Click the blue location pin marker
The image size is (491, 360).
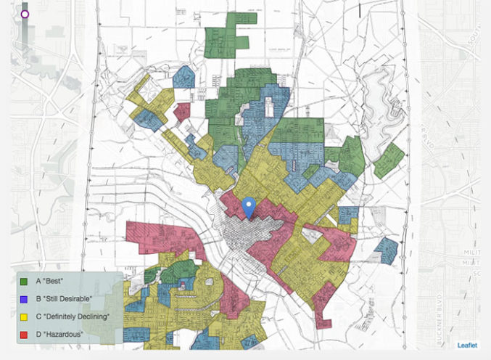[x=249, y=206]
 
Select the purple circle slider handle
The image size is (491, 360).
[x=25, y=13]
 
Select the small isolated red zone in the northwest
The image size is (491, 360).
[x=181, y=112]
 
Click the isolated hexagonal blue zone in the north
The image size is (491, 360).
[x=184, y=76]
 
